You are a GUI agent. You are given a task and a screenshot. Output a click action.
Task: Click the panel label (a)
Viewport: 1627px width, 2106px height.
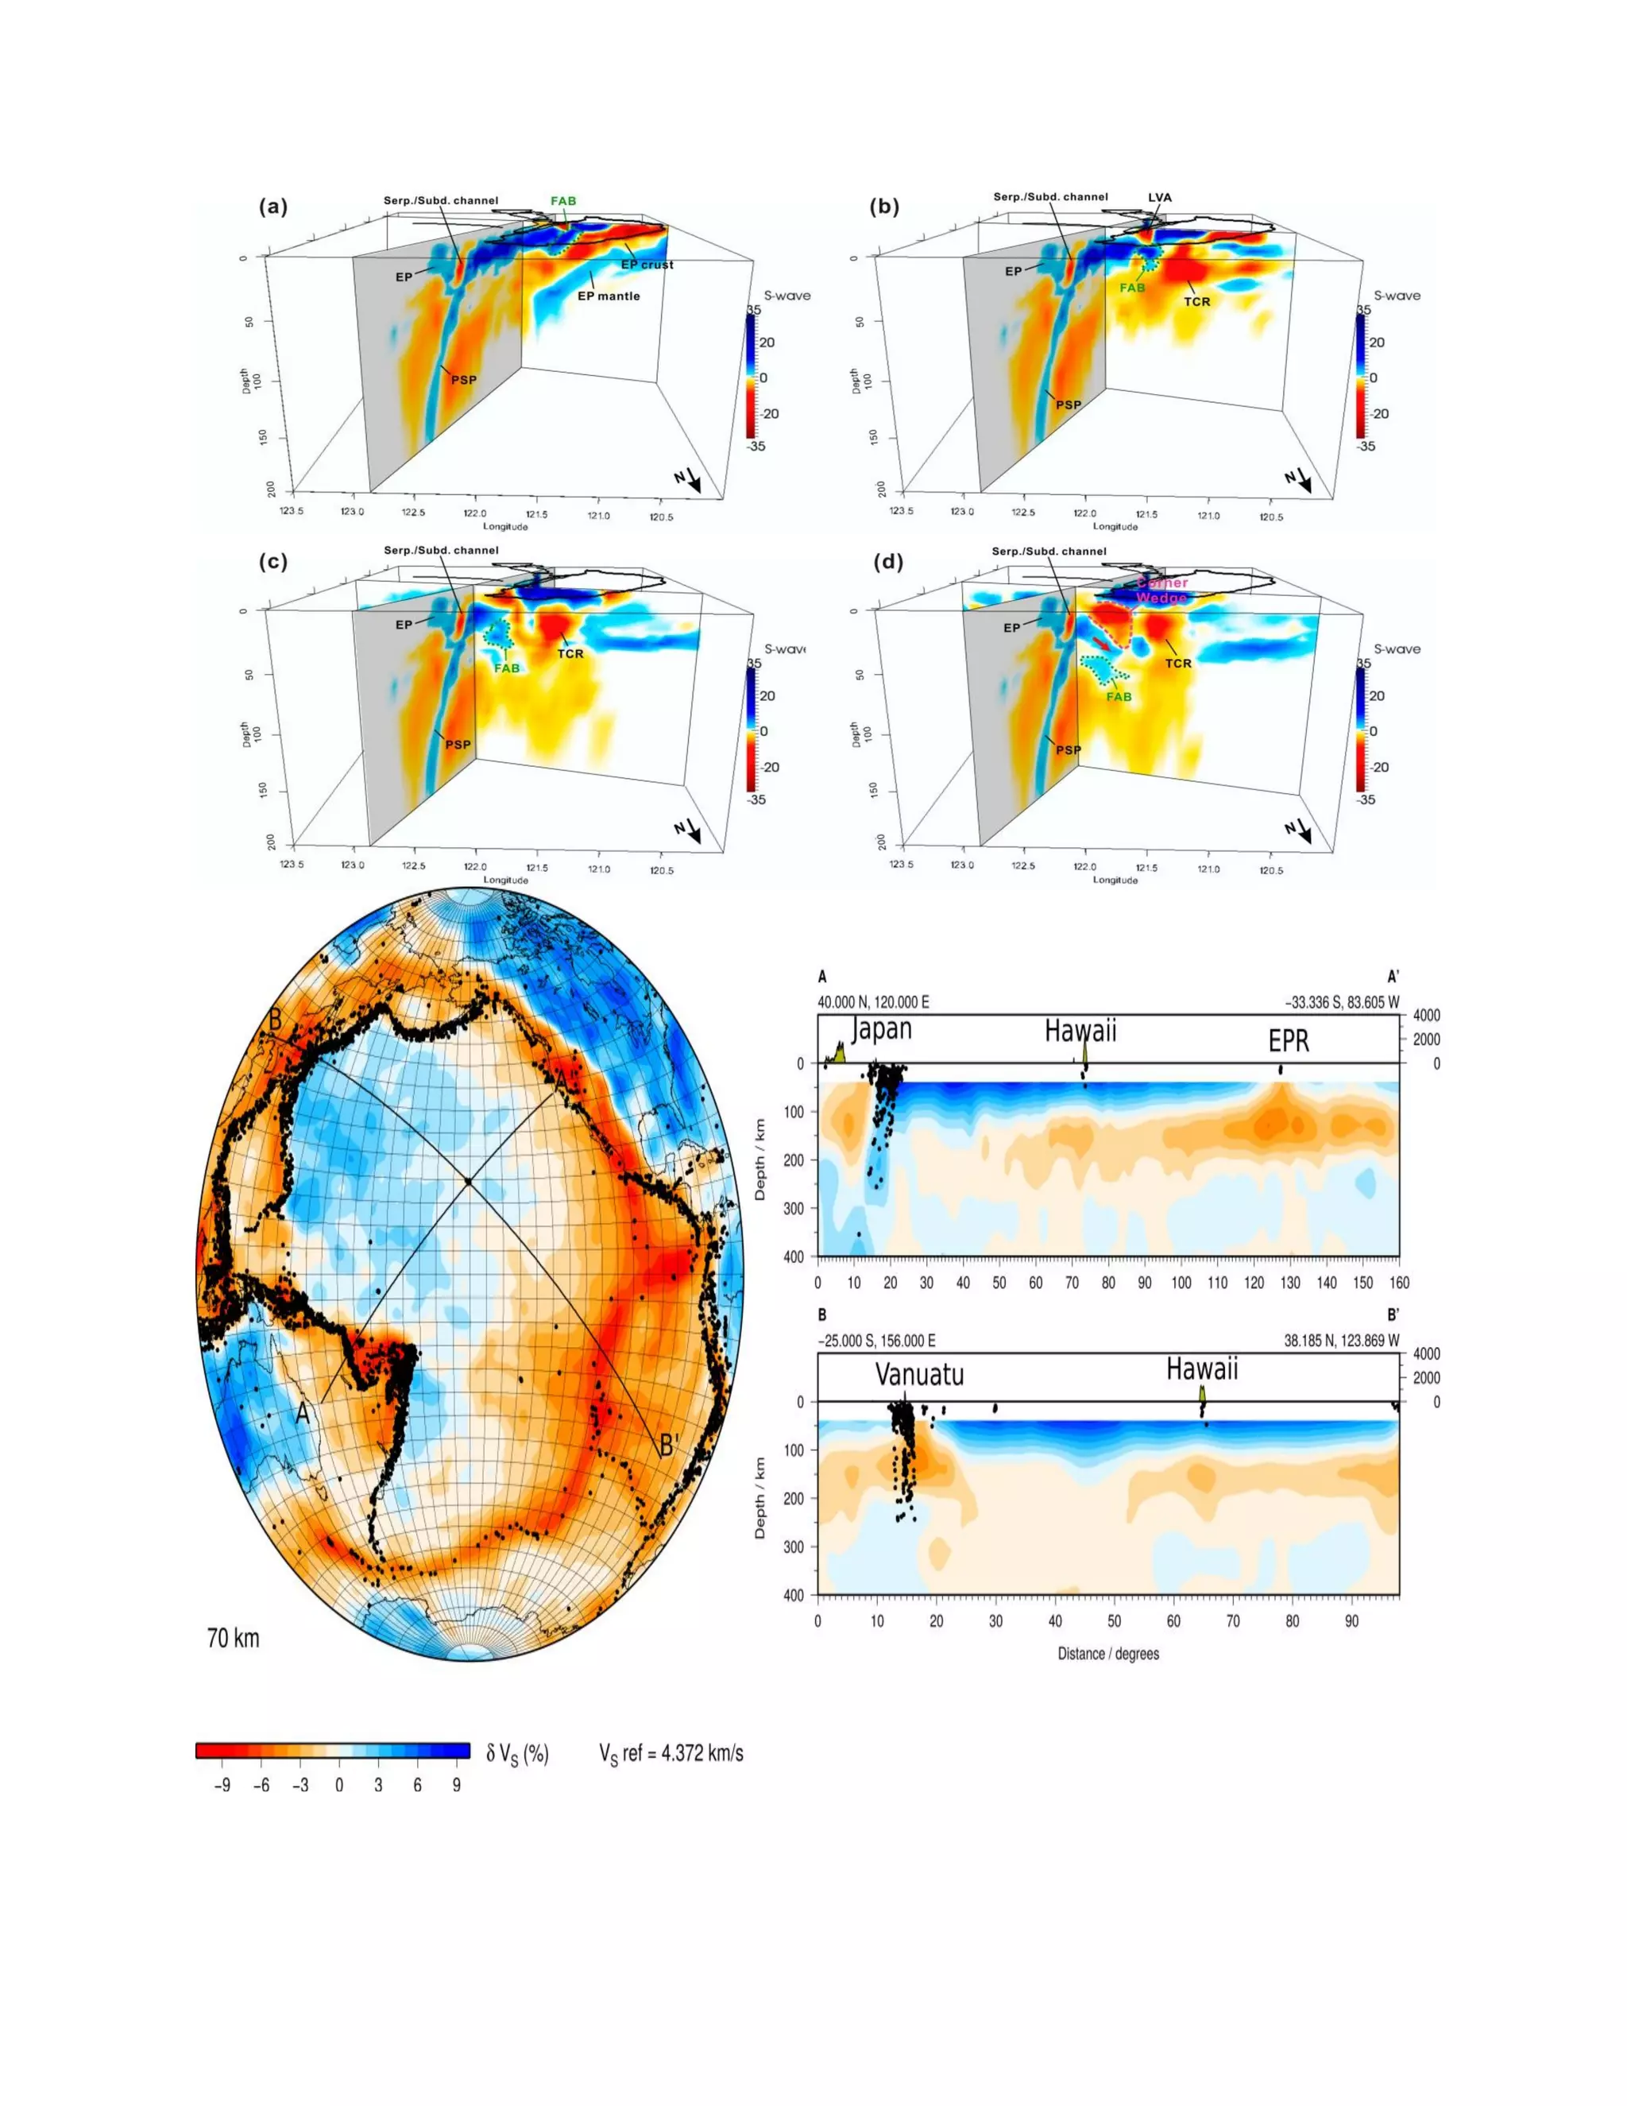click(272, 207)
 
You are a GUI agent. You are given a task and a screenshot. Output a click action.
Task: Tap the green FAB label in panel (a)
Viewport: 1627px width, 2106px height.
click(563, 202)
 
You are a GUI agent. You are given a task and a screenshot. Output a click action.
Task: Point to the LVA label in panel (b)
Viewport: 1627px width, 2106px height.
click(1160, 198)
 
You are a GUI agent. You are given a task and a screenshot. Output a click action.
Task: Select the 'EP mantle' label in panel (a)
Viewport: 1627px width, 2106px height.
click(609, 296)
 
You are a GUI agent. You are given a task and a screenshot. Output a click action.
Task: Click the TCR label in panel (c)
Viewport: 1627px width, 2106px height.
click(570, 654)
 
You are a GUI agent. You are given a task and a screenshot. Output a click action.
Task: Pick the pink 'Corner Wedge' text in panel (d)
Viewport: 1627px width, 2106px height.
click(1161, 590)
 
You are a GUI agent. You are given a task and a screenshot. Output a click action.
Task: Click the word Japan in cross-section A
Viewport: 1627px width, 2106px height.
click(881, 1029)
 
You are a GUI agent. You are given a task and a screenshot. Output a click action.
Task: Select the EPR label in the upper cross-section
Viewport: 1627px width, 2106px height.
click(1289, 1041)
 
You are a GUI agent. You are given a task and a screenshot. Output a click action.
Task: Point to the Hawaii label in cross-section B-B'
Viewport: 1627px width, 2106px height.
click(1201, 1369)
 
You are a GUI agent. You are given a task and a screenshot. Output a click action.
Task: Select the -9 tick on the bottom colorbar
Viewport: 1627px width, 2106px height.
click(222, 1785)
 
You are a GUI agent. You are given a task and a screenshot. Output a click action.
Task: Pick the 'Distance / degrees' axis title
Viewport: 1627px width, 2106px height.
click(1107, 1654)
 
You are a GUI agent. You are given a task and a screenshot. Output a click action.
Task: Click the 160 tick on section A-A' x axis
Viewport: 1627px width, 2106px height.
click(1398, 1283)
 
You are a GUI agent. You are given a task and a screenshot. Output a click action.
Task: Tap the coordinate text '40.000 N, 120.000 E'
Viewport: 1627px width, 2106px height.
click(873, 1003)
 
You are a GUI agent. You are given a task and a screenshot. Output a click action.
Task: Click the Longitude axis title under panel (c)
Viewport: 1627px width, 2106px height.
click(505, 881)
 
